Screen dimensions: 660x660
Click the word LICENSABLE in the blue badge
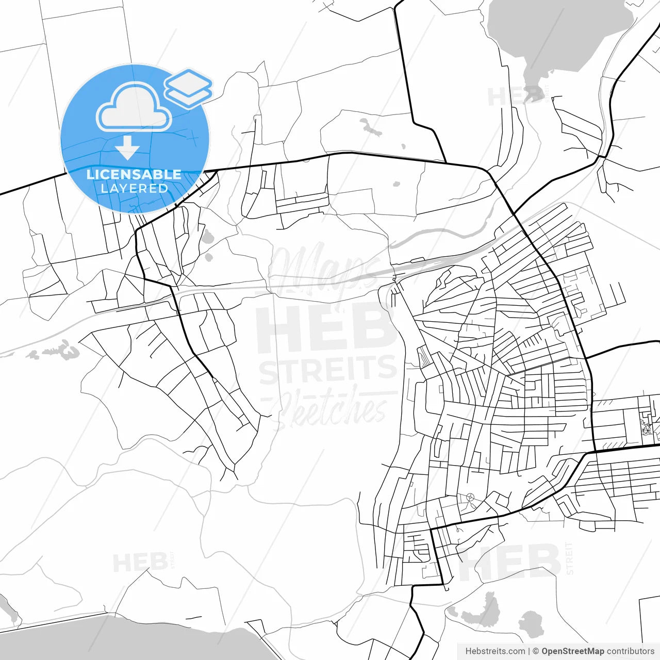[134, 174]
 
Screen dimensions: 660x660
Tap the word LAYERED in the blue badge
[134, 189]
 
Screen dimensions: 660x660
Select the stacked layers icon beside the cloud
[189, 88]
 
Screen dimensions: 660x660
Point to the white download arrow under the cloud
[127, 148]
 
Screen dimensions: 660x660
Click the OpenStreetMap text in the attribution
[572, 651]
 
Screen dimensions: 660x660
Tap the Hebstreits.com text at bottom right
[495, 651]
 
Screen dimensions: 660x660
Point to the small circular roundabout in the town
[470, 497]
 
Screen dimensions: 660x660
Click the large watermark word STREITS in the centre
[328, 370]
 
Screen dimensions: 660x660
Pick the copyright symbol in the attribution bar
[536, 651]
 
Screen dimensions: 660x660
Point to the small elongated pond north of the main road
[370, 127]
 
